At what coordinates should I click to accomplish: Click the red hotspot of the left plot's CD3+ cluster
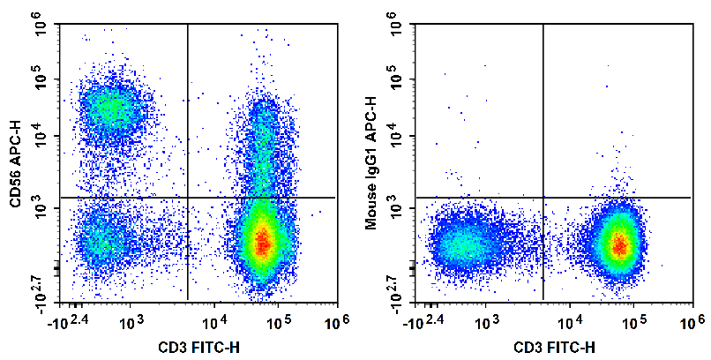tap(261, 243)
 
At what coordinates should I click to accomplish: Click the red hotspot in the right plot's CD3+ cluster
tap(619, 244)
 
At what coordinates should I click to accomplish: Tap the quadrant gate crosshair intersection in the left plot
tap(188, 198)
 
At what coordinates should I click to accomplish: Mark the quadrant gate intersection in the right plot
tap(543, 198)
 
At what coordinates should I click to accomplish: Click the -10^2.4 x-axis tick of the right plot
tap(423, 321)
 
